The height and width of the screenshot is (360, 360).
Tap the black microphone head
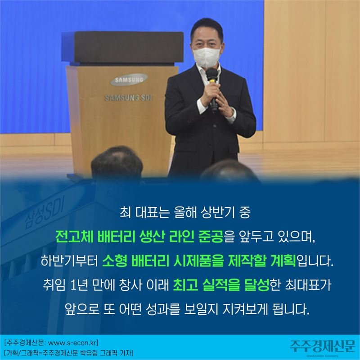pos(211,74)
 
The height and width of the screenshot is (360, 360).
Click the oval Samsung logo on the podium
pos(129,80)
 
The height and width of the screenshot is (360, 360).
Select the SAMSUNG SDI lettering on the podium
pos(128,98)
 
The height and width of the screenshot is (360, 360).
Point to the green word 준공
pos(211,237)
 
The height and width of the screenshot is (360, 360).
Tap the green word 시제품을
pos(198,261)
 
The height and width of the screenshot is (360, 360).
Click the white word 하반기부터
pos(70,261)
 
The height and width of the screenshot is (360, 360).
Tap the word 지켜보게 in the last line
pos(245,310)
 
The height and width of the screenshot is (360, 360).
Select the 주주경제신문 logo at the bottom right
pos(322,346)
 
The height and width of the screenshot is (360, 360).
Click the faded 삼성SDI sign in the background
pos(44,212)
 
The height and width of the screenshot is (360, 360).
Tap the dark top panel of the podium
pos(126,47)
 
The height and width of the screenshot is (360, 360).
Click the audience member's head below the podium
pos(117,163)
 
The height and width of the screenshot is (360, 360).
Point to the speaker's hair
pos(207,29)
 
